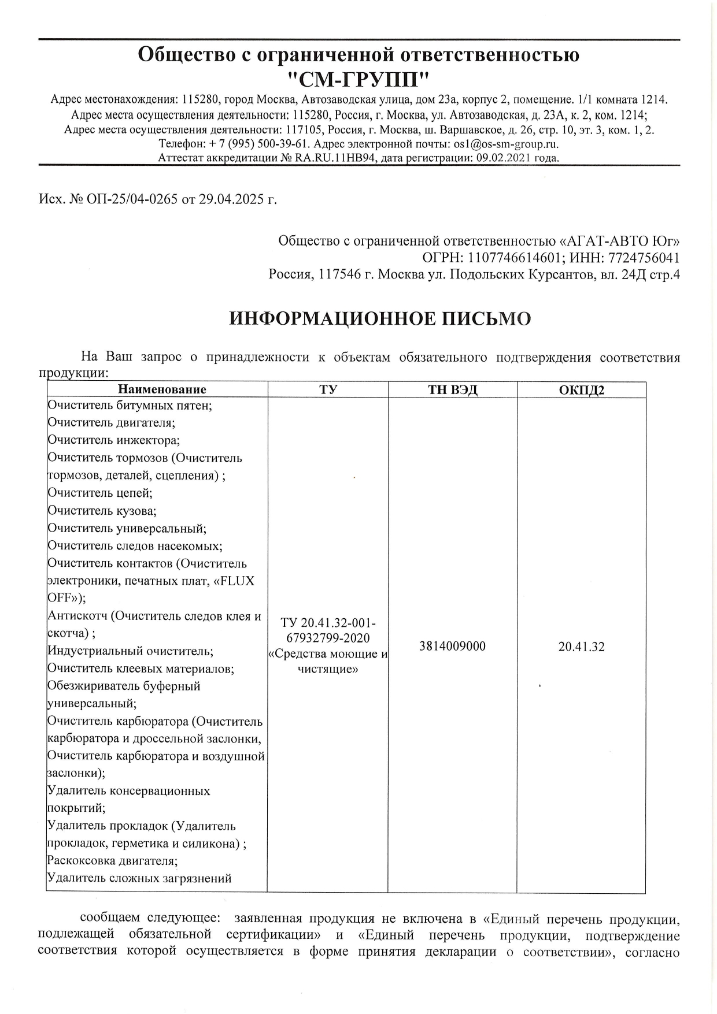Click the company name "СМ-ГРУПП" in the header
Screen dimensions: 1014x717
(x=358, y=78)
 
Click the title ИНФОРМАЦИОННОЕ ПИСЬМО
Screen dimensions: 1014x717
(x=380, y=318)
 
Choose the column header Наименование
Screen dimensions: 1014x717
(x=162, y=389)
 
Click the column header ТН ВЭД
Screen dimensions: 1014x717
(x=452, y=389)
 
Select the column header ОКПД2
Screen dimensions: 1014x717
(x=581, y=390)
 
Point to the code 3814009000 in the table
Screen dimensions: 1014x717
(x=452, y=646)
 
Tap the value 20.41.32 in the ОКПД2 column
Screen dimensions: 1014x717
(x=581, y=647)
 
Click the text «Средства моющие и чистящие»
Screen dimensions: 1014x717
(x=328, y=662)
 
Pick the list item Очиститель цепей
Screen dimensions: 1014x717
(x=100, y=493)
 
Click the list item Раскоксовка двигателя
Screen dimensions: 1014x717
(x=112, y=860)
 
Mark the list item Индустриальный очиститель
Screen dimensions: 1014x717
(x=130, y=651)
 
